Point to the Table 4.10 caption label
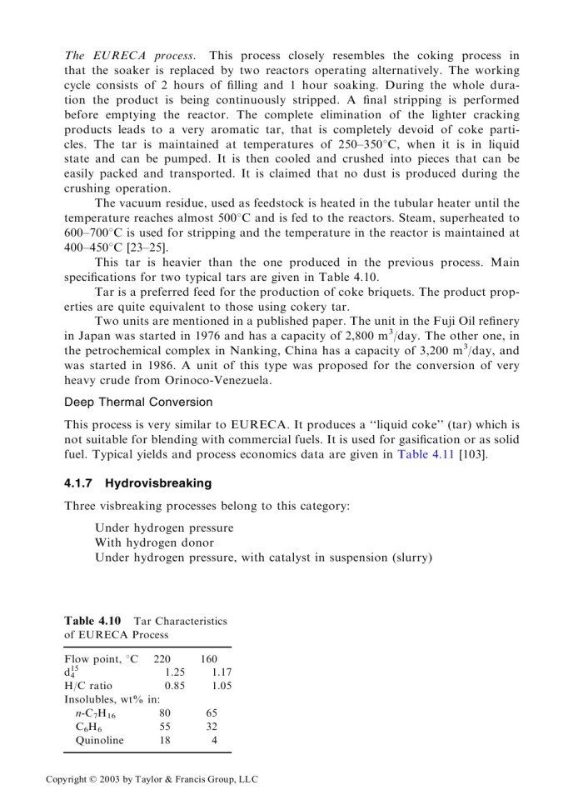[92, 621]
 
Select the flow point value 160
[209, 658]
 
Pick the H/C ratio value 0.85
[175, 686]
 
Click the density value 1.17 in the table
[222, 672]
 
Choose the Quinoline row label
[99, 740]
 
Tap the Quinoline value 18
[165, 740]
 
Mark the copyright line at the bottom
[152, 779]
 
